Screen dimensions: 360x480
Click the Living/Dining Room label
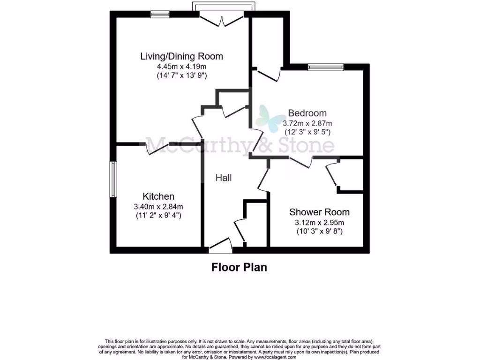tap(182, 56)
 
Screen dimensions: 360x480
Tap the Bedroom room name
tap(307, 113)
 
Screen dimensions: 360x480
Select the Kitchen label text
tap(158, 196)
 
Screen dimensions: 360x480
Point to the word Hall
tap(224, 178)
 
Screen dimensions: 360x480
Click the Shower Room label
tap(319, 212)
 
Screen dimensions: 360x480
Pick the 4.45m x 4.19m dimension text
tap(182, 67)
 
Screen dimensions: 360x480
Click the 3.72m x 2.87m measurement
tap(307, 123)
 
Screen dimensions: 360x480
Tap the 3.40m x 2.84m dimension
tap(159, 206)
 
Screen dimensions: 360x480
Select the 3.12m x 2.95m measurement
tap(320, 222)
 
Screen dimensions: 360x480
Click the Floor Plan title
tap(239, 268)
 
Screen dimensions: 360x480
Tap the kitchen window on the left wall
tap(113, 179)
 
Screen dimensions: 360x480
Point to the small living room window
tap(160, 15)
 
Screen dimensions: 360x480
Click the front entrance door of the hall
tap(220, 245)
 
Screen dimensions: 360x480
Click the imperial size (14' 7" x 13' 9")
tap(182, 75)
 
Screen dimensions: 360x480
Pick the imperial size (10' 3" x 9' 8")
tap(320, 231)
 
